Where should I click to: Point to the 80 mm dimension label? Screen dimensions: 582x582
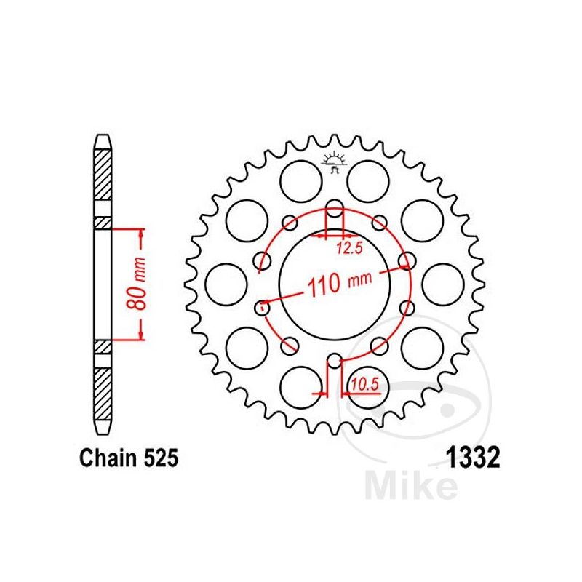[141, 284]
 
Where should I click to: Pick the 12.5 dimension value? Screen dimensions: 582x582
[348, 249]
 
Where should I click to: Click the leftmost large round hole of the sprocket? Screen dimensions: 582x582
[223, 284]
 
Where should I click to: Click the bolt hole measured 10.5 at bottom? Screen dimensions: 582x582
[334, 360]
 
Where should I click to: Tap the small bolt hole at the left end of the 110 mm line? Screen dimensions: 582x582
[263, 306]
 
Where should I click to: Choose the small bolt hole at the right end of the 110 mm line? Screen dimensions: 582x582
[407, 261]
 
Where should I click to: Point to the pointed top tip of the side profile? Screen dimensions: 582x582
[103, 136]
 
